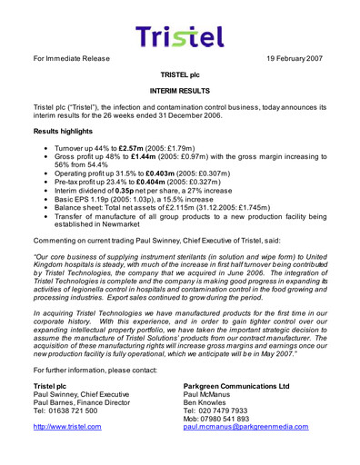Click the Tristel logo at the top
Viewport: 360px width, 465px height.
click(180, 35)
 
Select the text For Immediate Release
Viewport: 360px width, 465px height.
click(75, 58)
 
